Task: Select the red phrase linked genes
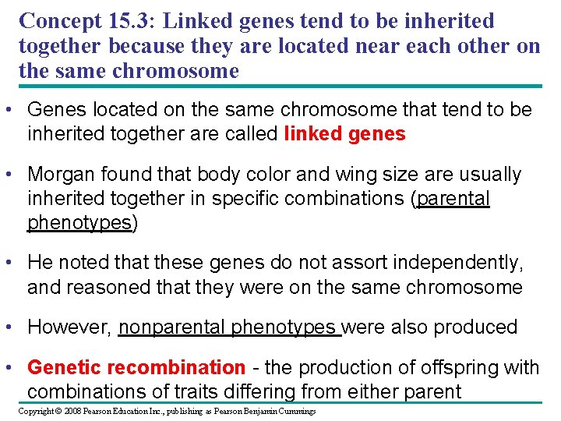(344, 134)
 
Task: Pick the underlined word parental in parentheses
(453, 199)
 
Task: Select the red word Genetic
(65, 367)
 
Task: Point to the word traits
(189, 391)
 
